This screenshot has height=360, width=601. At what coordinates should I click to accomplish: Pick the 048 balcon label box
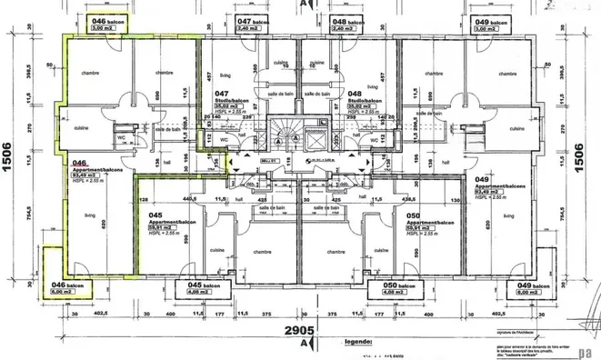(x=349, y=25)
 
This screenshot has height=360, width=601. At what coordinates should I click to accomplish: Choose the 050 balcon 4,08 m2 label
(x=389, y=288)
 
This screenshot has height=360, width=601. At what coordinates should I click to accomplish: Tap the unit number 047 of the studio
(x=222, y=94)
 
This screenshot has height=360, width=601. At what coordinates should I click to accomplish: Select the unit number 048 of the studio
(x=354, y=94)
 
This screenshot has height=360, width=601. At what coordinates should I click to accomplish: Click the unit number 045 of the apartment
(x=155, y=215)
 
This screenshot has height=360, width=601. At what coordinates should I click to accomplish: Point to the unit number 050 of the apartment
(x=414, y=215)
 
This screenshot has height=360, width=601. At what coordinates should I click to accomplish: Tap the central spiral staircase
(x=291, y=136)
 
